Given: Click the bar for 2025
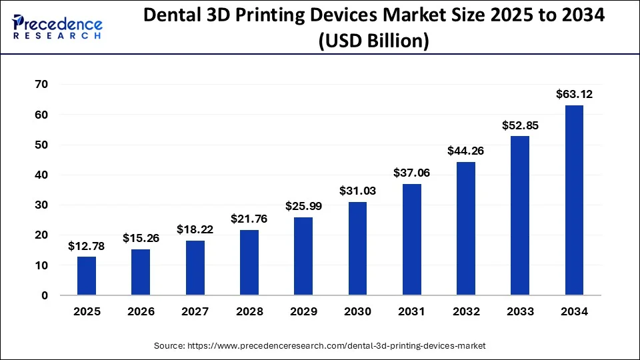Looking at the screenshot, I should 86,276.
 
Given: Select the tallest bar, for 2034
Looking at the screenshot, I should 574,200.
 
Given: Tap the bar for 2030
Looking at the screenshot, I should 357,249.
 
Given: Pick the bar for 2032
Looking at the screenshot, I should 465,229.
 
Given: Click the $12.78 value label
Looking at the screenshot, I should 86,247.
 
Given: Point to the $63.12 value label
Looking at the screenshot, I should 574,95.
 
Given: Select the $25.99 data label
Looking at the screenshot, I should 303,207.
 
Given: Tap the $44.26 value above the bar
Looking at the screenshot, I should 465,151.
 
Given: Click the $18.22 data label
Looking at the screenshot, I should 195,229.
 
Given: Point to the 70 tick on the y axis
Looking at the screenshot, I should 41,85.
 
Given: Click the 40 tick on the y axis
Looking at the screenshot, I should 41,175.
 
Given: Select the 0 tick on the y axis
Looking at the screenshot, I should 45,295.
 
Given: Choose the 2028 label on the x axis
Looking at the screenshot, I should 249,311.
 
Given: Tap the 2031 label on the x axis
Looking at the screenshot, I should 411,311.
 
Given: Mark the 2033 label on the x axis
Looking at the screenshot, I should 520,311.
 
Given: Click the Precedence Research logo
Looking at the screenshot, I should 57,27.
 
